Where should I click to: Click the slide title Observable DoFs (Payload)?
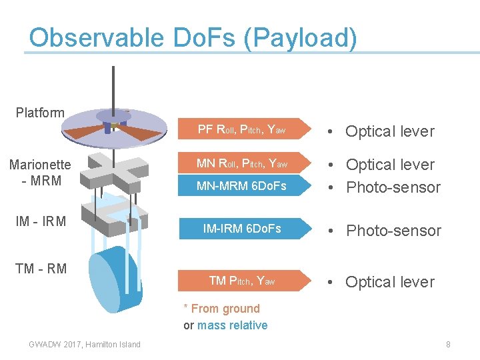(x=193, y=38)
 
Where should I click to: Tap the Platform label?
(x=40, y=113)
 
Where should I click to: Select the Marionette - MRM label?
(x=40, y=172)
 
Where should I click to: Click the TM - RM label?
(x=41, y=269)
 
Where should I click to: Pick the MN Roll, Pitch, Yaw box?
(x=243, y=164)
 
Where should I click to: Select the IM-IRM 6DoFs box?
(x=243, y=229)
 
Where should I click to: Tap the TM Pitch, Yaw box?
(x=243, y=281)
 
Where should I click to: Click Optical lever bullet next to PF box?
(x=389, y=131)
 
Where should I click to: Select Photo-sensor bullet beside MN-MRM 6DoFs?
(x=393, y=187)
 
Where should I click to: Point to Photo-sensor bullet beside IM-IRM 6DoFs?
(x=393, y=231)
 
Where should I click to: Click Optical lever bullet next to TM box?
(x=389, y=282)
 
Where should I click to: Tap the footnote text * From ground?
(x=222, y=309)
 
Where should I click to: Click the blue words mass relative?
(x=232, y=325)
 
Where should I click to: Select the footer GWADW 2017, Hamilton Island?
(x=85, y=344)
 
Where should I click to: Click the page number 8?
(x=448, y=344)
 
